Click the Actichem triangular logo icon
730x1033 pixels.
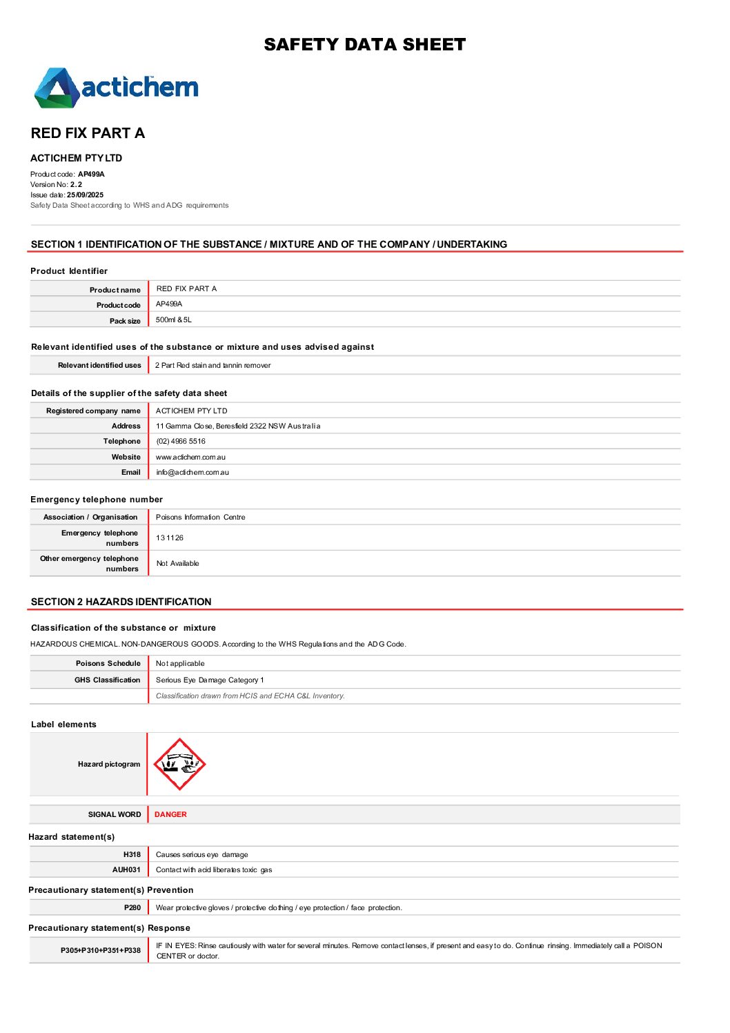pos(55,88)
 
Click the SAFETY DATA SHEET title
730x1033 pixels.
pos(364,45)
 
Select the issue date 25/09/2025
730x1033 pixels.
pos(85,195)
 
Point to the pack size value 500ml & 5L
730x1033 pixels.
pos(174,320)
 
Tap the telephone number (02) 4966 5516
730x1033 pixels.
pos(181,442)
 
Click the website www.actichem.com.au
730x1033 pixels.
pos(190,458)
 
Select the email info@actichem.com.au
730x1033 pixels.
pos(193,473)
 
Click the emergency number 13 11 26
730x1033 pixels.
pos(170,538)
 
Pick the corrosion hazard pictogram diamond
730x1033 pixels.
pos(179,764)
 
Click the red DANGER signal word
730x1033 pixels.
pos(170,815)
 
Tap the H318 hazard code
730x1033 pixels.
pos(132,855)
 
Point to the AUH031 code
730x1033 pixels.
pos(126,870)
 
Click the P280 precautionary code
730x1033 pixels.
pos(132,908)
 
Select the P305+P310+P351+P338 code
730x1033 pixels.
pos(101,951)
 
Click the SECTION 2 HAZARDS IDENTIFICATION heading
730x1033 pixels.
pos(121,602)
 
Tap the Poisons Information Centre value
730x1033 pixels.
pos(201,518)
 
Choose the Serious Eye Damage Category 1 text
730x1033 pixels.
pos(210,680)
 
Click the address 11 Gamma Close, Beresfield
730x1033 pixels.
pos(238,426)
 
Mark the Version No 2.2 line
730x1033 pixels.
pos(56,185)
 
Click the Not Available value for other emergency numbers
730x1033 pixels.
pos(177,564)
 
